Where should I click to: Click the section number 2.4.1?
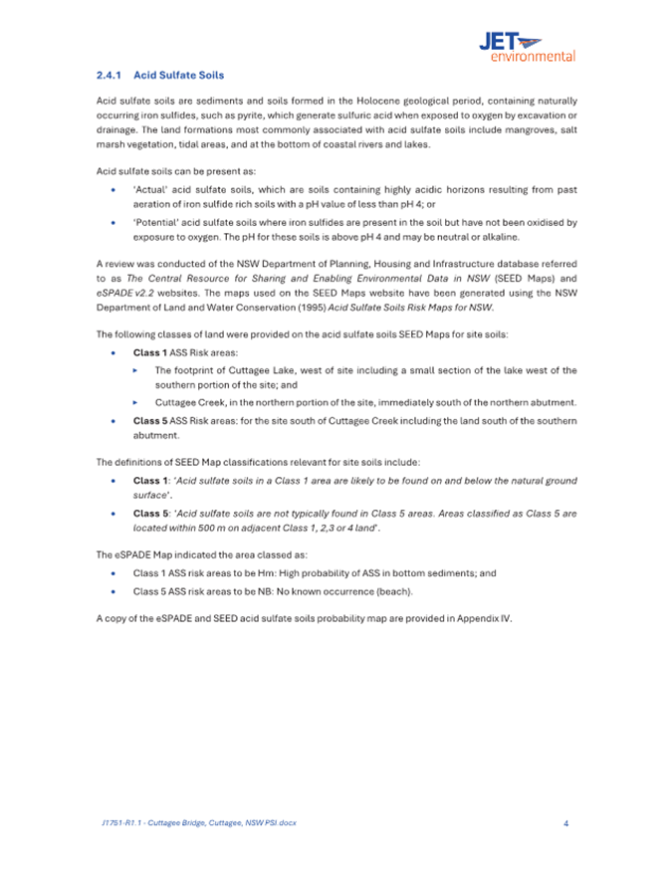109,75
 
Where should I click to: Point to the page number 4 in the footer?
565,823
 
